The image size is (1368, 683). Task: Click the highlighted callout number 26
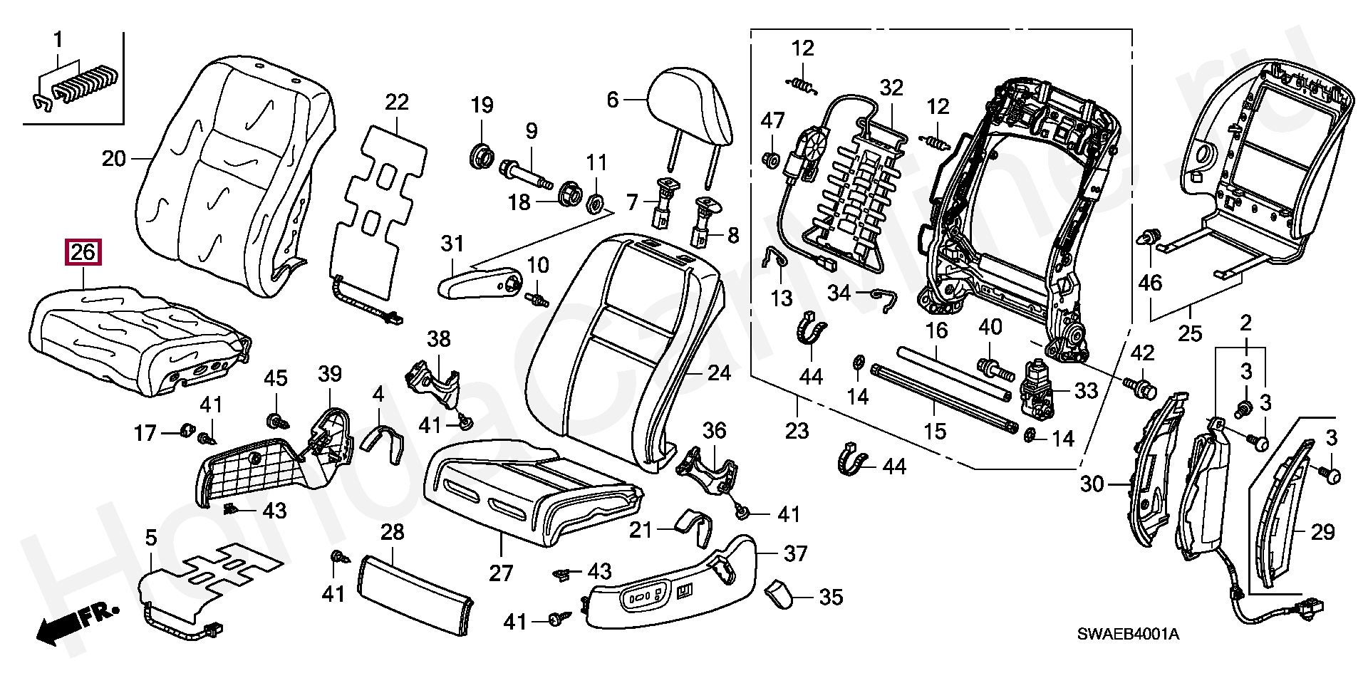83,252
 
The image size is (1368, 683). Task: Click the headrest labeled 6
690,107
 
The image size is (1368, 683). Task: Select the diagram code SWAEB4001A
1127,633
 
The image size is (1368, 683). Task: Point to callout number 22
397,102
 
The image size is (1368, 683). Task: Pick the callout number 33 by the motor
1086,390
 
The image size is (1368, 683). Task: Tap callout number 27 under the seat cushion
501,573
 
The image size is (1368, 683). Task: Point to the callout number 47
772,121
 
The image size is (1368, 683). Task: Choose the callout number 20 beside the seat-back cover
114,158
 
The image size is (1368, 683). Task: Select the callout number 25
1190,333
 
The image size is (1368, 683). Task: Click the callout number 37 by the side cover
795,553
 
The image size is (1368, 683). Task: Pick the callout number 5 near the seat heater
151,538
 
